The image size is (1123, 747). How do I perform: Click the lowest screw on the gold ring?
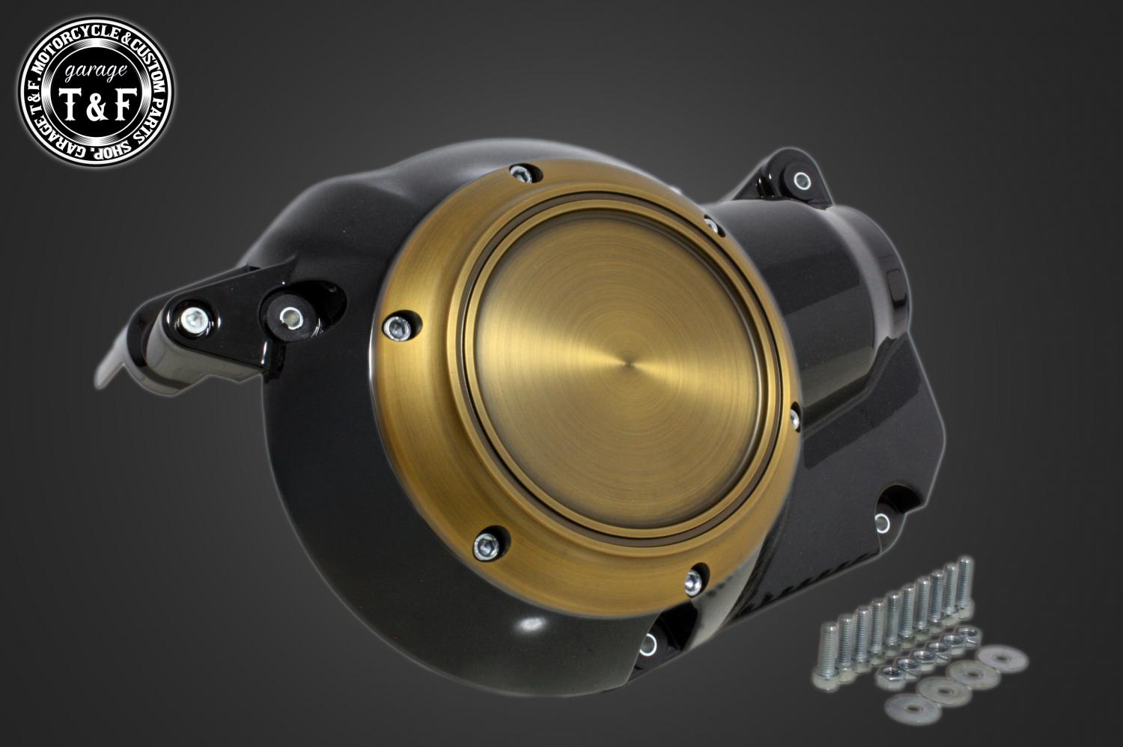point(692,582)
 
